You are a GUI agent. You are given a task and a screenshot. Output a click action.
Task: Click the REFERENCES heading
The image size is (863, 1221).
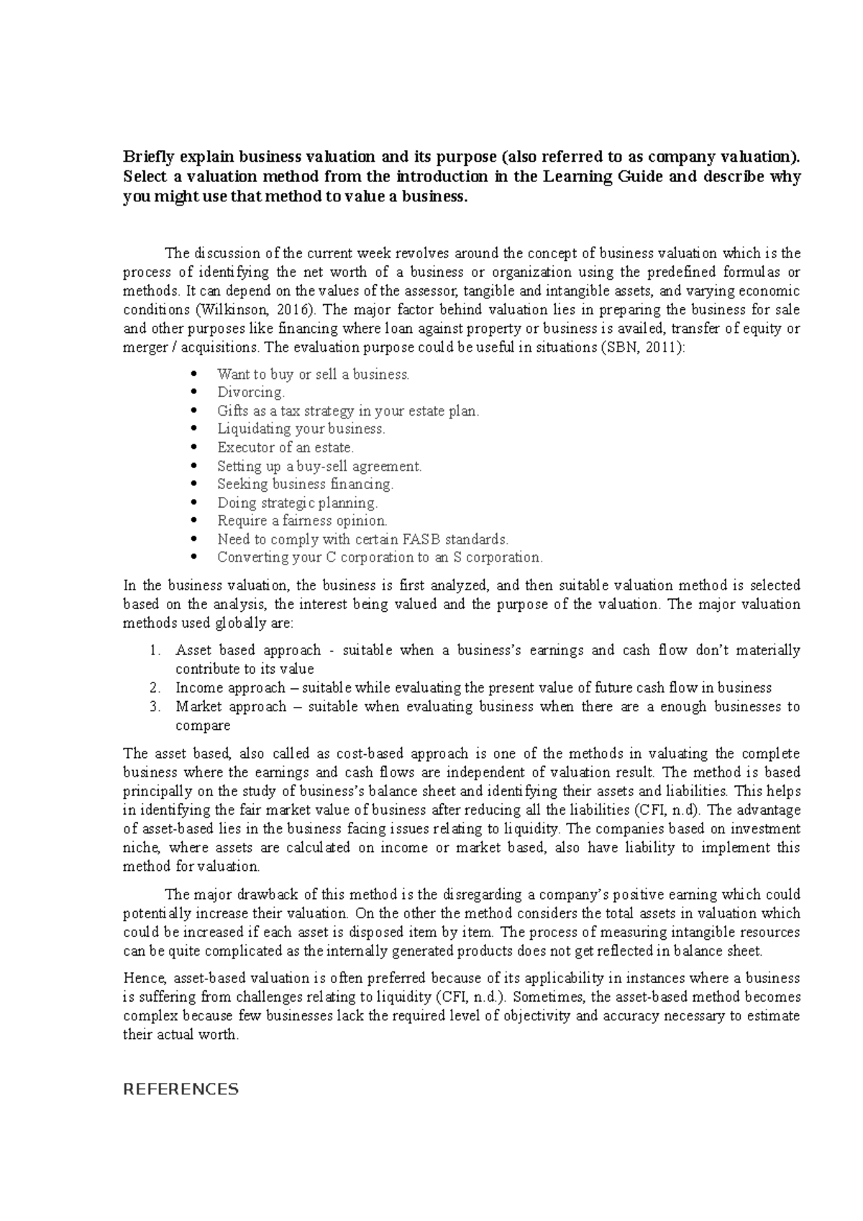coord(181,1089)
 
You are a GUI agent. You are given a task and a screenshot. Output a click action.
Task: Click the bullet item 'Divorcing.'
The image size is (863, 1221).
coord(251,393)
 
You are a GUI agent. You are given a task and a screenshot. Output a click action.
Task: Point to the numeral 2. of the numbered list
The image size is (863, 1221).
coord(154,688)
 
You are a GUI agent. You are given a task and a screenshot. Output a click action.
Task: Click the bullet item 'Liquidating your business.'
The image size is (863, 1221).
coord(301,429)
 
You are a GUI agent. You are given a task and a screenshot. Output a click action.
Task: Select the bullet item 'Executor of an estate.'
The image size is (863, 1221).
coord(286,447)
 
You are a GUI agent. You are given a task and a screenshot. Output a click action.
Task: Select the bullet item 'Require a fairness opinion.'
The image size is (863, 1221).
coord(302,521)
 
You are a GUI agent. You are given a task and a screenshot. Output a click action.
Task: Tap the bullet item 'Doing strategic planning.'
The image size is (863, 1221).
coord(297,503)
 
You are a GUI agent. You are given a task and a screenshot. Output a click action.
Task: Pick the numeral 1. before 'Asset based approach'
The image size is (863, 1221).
coord(154,651)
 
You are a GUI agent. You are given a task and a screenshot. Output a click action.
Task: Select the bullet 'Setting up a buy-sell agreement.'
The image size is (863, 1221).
coord(319,466)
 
